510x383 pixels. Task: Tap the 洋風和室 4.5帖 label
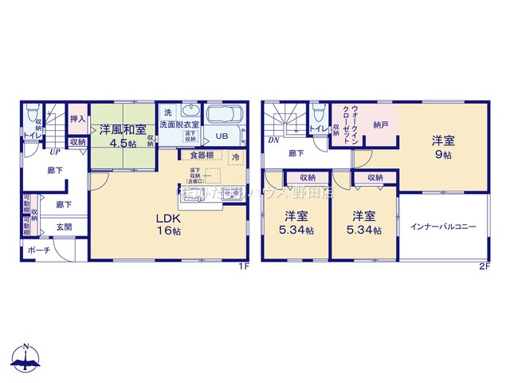click(x=122, y=136)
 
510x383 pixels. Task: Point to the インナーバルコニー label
click(x=443, y=227)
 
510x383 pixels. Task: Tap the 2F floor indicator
click(x=484, y=267)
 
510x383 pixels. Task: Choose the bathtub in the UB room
click(x=226, y=117)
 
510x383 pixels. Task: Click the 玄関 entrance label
click(x=63, y=227)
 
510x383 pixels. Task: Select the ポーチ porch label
click(x=38, y=251)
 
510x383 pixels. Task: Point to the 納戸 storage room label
click(x=380, y=124)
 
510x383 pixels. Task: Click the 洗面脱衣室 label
click(x=179, y=124)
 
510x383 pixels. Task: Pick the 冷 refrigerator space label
click(x=235, y=157)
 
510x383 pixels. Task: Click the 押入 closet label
click(x=77, y=120)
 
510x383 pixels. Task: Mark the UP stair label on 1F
click(x=55, y=152)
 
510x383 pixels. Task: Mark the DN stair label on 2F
click(x=273, y=140)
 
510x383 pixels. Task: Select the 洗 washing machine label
click(x=167, y=112)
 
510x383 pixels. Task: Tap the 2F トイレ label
click(x=316, y=128)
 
